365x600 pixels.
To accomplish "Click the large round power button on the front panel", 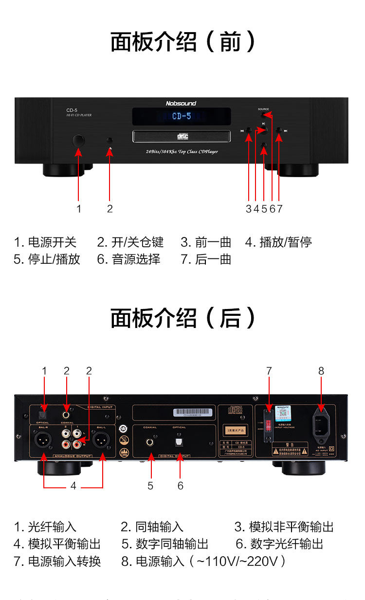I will click(78, 141).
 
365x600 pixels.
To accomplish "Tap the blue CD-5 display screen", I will click(182, 116).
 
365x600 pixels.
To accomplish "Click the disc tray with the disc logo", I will click(182, 136).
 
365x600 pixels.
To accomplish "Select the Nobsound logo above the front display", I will click(181, 103).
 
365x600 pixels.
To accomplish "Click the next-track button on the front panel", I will click(279, 130).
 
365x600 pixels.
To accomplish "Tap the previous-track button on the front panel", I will click(249, 130).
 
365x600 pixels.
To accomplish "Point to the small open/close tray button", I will click(109, 140).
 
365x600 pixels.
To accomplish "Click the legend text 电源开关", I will click(52, 242).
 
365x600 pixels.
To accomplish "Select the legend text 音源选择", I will click(136, 259).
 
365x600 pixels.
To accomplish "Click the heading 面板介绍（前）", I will click(182, 42).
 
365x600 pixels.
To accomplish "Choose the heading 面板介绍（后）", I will click(182, 318).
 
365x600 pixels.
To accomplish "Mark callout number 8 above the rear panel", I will click(321, 371).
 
